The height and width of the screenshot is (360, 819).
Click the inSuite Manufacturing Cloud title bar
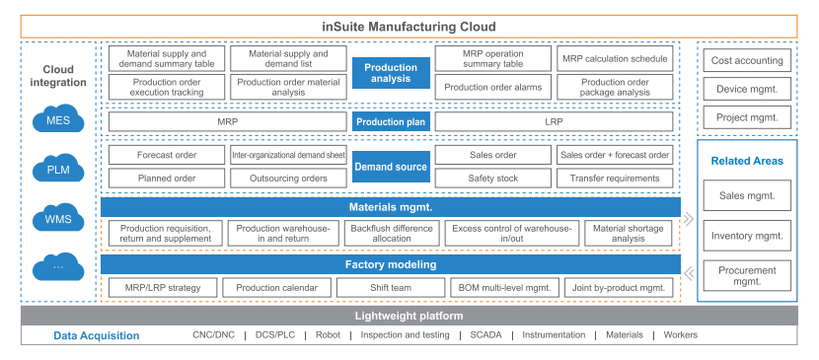tap(409, 26)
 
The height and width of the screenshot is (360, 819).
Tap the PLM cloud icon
tap(57, 170)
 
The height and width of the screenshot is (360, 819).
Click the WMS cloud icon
tap(57, 218)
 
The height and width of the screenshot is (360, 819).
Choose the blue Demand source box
tap(391, 167)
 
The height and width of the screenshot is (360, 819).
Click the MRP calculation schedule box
tap(616, 59)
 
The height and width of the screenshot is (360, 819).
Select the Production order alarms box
tap(492, 88)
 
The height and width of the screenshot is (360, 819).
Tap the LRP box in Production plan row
tap(554, 122)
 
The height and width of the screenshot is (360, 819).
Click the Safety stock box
tap(492, 179)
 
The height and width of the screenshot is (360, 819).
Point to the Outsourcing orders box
tap(288, 179)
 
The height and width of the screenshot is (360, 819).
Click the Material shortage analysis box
tap(629, 233)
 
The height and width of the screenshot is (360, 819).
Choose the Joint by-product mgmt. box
tap(620, 288)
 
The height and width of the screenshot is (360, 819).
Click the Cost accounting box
tap(746, 60)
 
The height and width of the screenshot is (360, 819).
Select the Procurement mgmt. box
tap(746, 276)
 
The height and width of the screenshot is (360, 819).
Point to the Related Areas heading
tap(746, 161)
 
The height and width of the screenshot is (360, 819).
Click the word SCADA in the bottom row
tap(485, 335)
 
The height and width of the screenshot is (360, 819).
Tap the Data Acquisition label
tap(96, 335)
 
